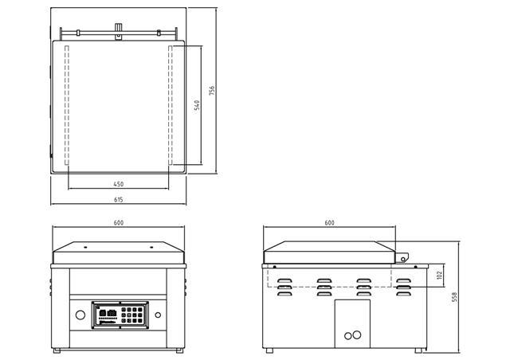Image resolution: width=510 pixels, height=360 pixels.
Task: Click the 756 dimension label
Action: (212, 90)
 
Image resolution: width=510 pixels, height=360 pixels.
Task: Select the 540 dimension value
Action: (197, 105)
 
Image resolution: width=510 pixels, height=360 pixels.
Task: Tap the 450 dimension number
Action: (119, 184)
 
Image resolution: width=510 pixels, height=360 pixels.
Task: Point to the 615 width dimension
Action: (119, 199)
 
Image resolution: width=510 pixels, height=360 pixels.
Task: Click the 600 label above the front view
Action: (119, 223)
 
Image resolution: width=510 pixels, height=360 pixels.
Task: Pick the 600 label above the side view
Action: (329, 223)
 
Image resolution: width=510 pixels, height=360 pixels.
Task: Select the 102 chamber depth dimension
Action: (440, 275)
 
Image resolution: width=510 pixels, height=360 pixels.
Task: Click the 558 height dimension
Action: (454, 297)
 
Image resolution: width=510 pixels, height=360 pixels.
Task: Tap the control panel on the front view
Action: (120, 315)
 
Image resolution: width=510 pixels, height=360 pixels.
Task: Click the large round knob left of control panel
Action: (80, 315)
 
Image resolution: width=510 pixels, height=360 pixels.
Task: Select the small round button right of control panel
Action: (158, 315)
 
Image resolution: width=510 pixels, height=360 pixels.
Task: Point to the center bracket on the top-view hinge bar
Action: (119, 31)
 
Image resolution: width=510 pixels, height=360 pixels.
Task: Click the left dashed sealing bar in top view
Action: (67, 105)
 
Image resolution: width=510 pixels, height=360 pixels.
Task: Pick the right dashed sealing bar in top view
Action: (170, 105)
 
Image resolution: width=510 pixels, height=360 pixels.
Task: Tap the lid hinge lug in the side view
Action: (402, 257)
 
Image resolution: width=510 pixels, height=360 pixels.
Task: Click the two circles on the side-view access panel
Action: (352, 335)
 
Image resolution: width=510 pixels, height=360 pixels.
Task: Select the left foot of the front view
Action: (57, 350)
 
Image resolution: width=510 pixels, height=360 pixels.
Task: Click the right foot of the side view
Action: (418, 350)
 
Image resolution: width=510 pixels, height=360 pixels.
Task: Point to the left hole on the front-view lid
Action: (85, 248)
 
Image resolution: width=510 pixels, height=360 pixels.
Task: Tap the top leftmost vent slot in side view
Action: (284, 280)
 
